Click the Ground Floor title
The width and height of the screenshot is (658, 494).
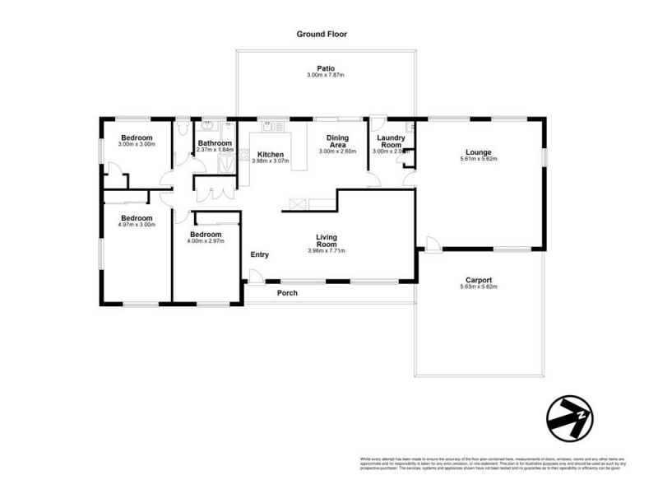click(x=322, y=35)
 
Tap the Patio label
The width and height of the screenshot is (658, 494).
click(x=327, y=68)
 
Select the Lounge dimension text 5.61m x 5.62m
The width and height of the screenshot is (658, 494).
click(x=479, y=159)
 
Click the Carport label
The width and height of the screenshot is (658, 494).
click(x=479, y=278)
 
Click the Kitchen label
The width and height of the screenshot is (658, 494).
click(x=271, y=154)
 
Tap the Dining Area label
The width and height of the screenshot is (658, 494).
click(x=337, y=141)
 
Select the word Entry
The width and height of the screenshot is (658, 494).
click(x=259, y=254)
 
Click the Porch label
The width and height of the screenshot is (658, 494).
click(x=287, y=293)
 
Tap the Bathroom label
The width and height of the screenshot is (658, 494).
click(x=214, y=143)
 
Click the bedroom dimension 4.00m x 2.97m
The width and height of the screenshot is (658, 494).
click(x=206, y=241)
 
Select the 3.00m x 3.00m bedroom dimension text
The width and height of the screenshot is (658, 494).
click(x=137, y=145)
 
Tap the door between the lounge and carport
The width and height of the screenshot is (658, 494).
click(x=431, y=243)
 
